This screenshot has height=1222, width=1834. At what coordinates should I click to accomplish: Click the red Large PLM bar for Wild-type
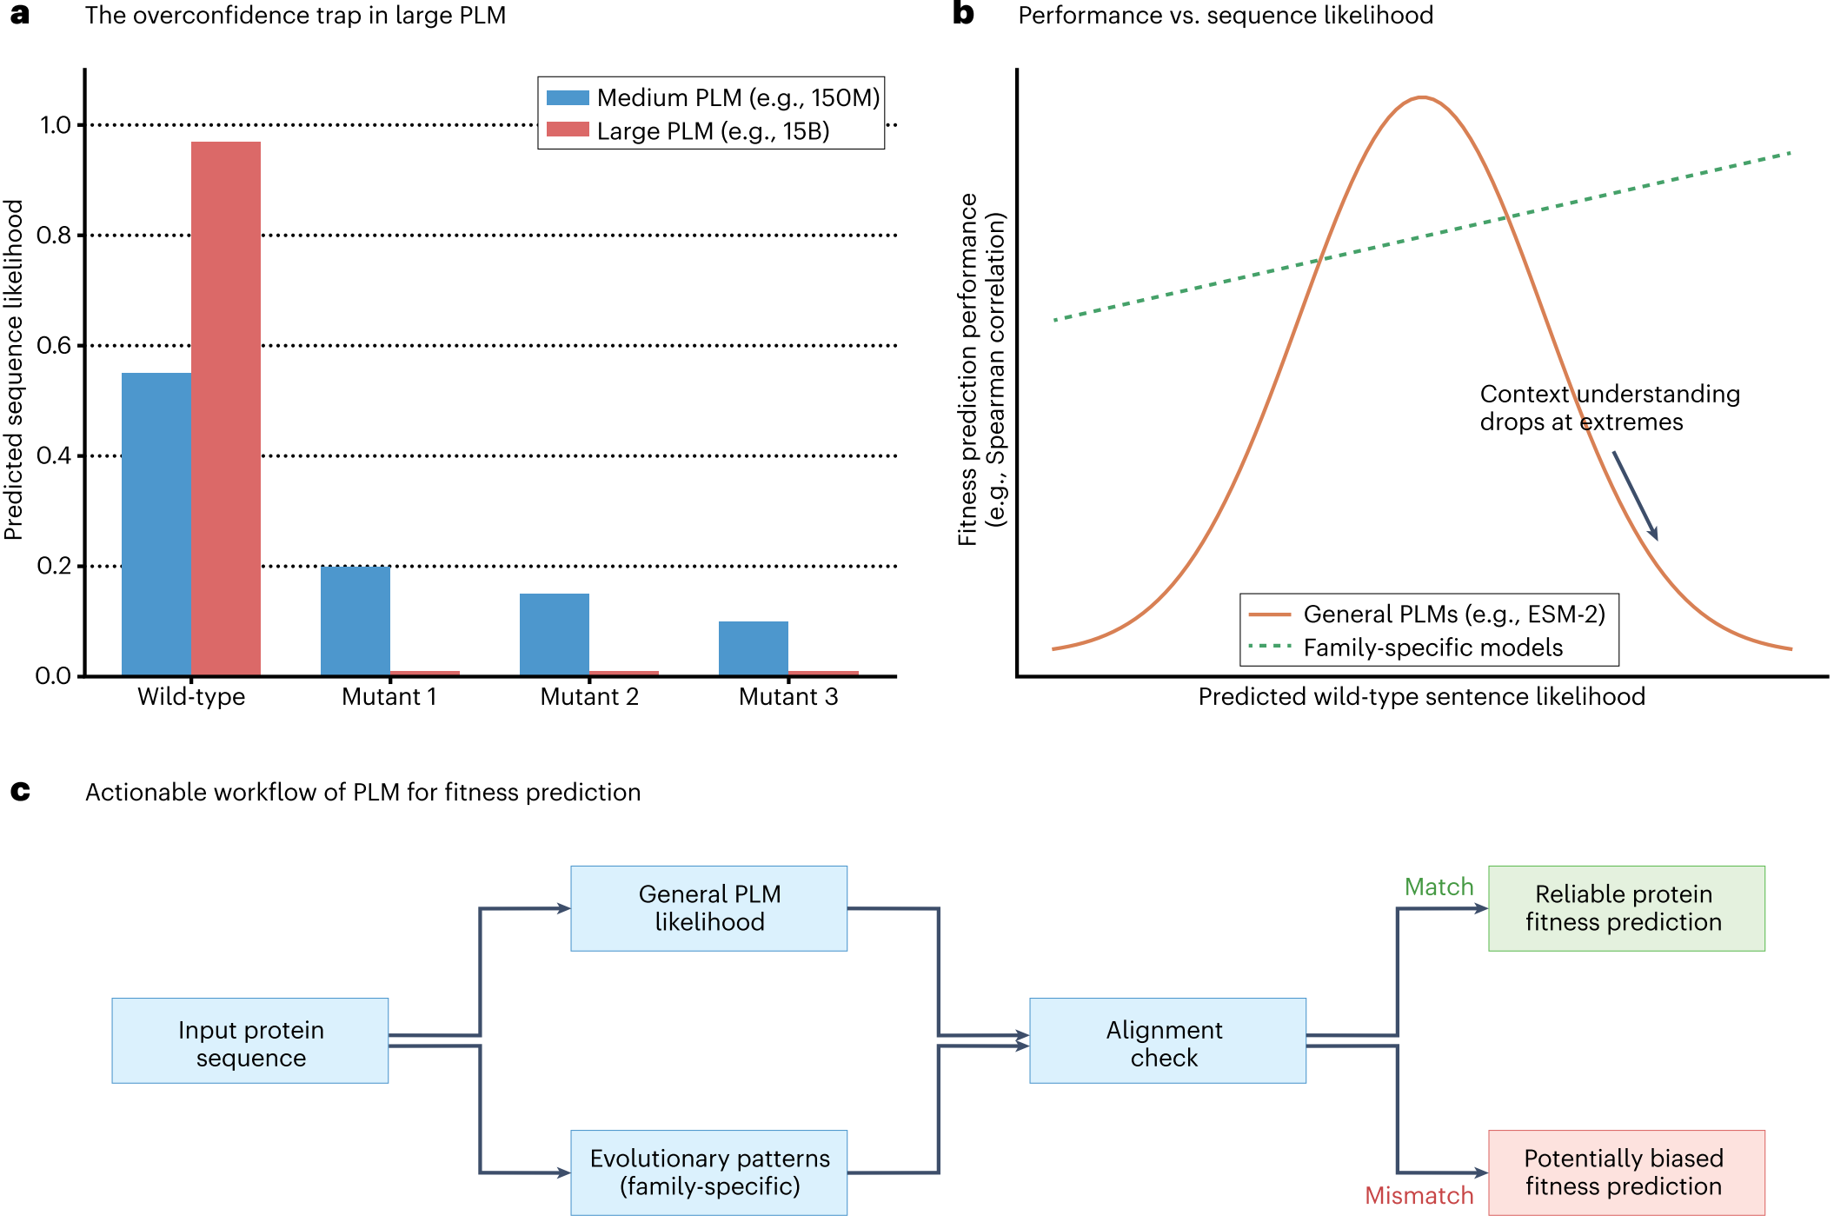[x=226, y=408]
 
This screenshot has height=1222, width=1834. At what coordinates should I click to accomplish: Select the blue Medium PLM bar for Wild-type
[x=156, y=524]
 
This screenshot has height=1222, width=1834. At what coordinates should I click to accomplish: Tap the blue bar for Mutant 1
[x=356, y=621]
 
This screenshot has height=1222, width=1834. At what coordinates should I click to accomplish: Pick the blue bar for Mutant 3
[x=754, y=648]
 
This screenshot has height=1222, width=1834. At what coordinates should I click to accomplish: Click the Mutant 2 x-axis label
[x=589, y=696]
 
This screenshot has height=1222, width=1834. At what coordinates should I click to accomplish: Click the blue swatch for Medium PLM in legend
[x=568, y=97]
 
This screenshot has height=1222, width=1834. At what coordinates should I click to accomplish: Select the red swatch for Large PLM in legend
[x=568, y=130]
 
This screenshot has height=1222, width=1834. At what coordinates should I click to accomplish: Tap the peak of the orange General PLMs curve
[x=1422, y=97]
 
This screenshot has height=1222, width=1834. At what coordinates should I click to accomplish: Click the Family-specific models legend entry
[x=1405, y=648]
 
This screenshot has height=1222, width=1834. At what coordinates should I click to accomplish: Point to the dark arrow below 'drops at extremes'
[x=1636, y=495]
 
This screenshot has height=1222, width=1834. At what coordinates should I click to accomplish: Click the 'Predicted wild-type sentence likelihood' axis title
[x=1422, y=696]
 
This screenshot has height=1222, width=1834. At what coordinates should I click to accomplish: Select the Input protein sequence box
[x=250, y=1040]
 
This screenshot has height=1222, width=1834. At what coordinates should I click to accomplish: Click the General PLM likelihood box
[x=709, y=908]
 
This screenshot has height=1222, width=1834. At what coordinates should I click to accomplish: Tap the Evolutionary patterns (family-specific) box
[x=709, y=1172]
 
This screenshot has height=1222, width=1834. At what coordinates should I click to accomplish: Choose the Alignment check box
[x=1168, y=1040]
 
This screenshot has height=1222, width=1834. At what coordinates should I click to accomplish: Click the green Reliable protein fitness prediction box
[x=1627, y=908]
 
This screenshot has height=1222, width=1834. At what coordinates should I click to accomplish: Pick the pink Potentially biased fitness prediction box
[x=1627, y=1172]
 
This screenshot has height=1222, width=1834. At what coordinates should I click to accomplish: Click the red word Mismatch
[x=1419, y=1196]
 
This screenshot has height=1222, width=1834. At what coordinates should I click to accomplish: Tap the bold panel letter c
[x=20, y=791]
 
